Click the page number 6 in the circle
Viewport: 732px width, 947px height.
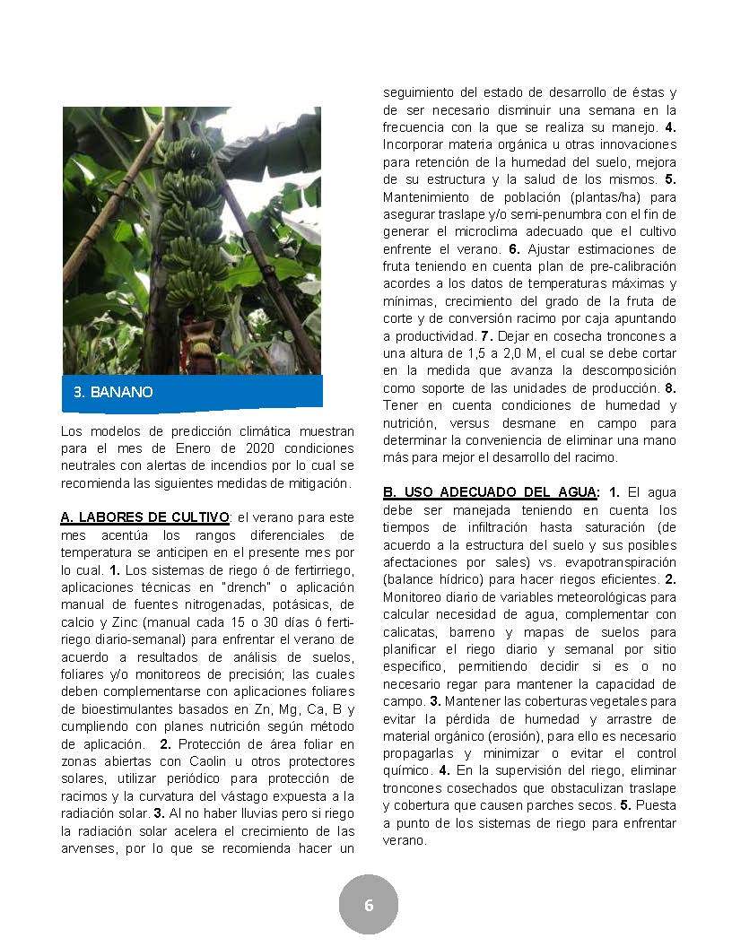(x=368, y=906)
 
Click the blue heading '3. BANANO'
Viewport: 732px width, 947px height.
(x=113, y=392)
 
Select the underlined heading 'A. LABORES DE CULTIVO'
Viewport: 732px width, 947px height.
(x=144, y=517)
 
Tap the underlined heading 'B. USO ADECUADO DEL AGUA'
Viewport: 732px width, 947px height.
(x=490, y=492)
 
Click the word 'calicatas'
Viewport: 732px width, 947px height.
(x=414, y=632)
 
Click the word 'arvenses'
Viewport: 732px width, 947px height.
(x=86, y=848)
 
